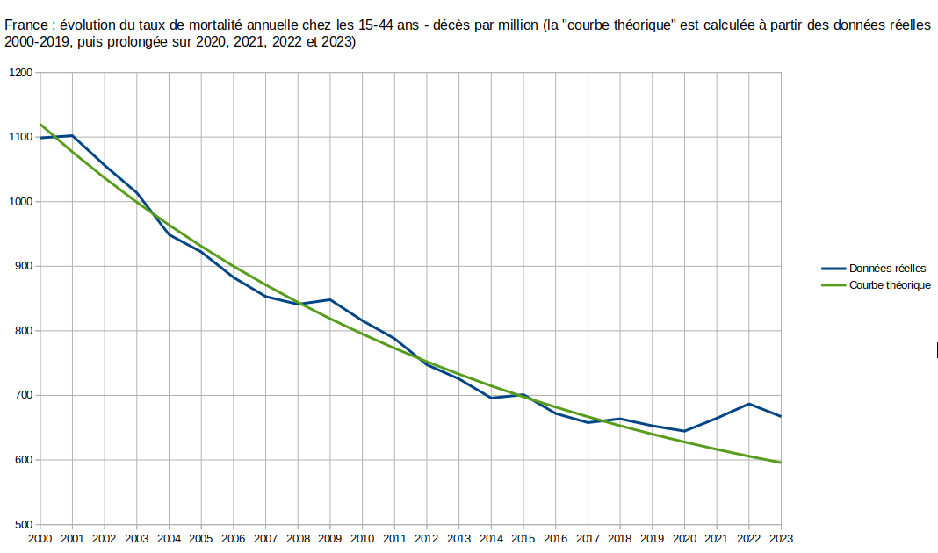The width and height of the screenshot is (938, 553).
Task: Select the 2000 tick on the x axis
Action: (x=40, y=538)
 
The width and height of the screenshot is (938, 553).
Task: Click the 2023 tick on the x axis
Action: (x=781, y=538)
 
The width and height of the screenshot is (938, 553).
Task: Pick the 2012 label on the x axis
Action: (x=427, y=538)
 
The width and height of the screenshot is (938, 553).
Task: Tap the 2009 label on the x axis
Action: (x=330, y=538)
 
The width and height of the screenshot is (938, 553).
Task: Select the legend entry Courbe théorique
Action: (x=890, y=285)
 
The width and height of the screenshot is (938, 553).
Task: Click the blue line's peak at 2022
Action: (x=749, y=404)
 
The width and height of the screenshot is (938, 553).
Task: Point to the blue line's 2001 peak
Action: (x=72, y=136)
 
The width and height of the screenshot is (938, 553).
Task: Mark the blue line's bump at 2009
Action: (x=330, y=299)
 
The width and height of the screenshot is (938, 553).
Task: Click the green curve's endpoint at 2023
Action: (x=781, y=463)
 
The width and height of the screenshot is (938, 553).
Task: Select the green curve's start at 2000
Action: (x=40, y=125)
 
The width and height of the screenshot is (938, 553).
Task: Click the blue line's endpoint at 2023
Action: (x=781, y=416)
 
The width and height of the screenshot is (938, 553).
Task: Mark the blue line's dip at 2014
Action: (x=491, y=398)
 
